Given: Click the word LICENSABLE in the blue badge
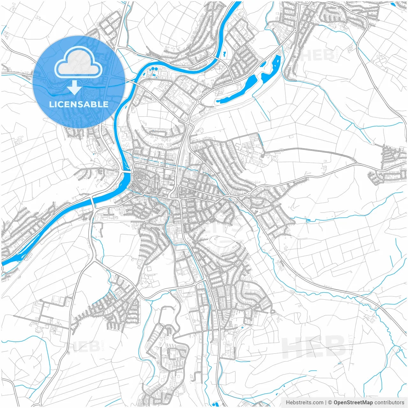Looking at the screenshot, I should click(79, 105).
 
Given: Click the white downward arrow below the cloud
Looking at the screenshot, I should click(74, 88).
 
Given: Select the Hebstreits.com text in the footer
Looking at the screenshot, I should click(305, 403).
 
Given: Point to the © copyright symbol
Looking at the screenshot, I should click(330, 403).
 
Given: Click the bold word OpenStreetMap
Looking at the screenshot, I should click(353, 403).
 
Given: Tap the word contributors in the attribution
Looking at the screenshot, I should click(389, 403).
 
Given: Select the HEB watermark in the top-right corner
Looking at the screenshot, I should click(317, 55).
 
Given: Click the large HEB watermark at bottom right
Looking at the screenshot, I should click(314, 346).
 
